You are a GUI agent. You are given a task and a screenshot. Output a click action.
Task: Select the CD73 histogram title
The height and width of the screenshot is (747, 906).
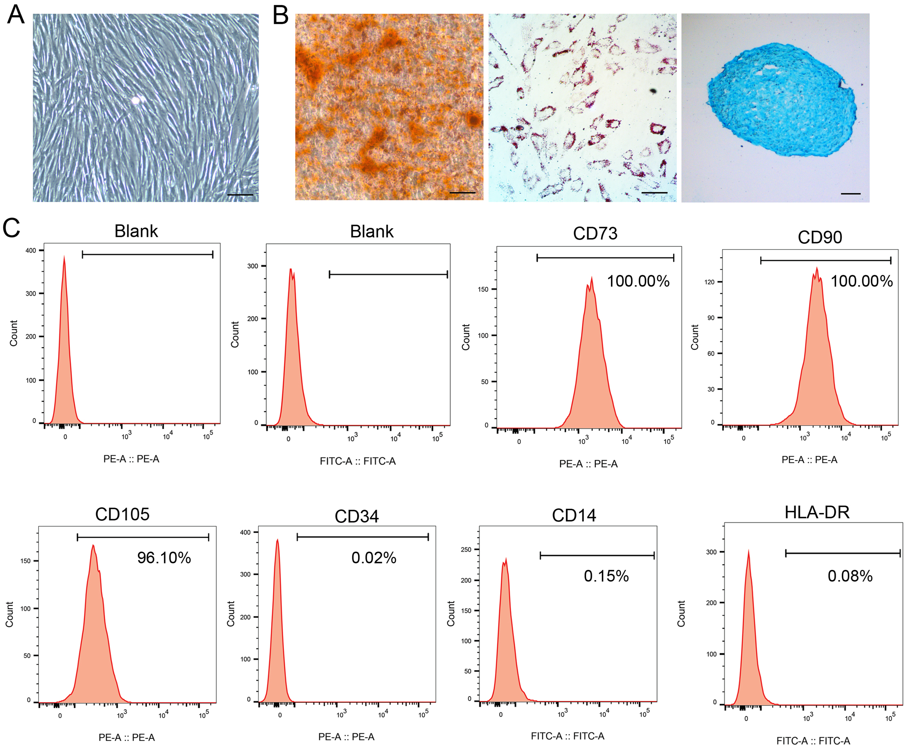point(595,234)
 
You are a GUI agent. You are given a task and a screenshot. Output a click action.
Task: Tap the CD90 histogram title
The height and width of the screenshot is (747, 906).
point(820,237)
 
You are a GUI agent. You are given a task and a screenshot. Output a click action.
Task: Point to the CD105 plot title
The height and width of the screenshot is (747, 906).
point(122,514)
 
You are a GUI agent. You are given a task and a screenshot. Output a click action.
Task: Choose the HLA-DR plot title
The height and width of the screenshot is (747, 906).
point(817,513)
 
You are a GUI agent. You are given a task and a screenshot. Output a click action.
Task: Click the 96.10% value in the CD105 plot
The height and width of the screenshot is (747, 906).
point(164,558)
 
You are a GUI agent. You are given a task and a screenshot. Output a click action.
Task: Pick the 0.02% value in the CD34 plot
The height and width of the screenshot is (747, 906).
point(374,558)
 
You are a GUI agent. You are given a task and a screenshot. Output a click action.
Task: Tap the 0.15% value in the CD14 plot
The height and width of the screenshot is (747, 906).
point(606,576)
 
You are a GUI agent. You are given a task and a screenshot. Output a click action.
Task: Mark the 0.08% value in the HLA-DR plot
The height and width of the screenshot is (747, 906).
point(850,576)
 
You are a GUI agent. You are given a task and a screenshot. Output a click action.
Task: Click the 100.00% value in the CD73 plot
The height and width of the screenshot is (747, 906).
point(638,281)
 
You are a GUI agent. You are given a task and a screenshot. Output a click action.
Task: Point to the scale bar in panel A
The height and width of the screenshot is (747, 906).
point(240,195)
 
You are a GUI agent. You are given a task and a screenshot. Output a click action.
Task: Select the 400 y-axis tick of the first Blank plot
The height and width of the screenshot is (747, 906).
point(31,250)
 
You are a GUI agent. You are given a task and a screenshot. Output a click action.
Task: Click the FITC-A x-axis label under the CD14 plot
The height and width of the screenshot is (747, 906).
point(567,736)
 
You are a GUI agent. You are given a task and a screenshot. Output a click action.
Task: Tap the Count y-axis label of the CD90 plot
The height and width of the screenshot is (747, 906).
point(694,337)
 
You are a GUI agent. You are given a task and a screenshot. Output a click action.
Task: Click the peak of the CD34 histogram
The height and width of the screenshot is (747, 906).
point(277,540)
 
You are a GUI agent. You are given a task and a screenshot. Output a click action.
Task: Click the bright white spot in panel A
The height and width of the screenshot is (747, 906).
point(135,101)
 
